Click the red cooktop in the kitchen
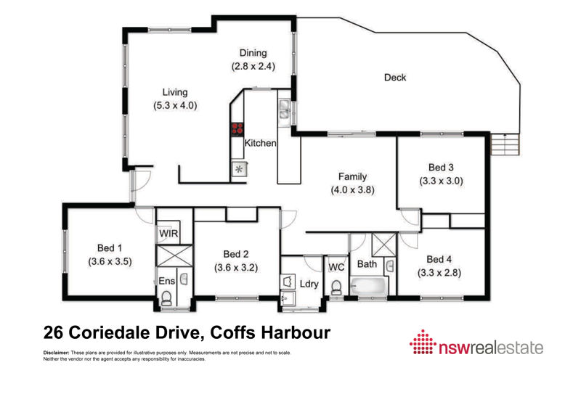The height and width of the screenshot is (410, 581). point(237,129)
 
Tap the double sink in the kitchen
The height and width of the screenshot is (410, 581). point(284,109)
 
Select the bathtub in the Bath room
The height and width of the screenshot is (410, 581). point(368,287)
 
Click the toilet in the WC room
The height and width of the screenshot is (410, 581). point(336,288)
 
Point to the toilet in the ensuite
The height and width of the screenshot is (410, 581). point(166,298)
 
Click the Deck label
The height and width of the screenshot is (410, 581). point(395,78)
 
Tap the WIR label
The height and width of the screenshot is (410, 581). point(168,234)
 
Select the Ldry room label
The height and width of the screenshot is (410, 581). point(309,284)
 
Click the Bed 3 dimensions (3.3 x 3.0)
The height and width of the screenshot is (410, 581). point(441,181)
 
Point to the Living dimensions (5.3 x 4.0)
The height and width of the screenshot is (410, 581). point(175,105)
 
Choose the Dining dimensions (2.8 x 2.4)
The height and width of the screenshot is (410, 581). point(253,66)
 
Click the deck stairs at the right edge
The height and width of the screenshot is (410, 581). point(505,144)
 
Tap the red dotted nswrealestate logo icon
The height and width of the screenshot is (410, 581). point(423,342)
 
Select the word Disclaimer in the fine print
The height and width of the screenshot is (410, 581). point(57,353)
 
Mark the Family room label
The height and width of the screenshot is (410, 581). point(352,176)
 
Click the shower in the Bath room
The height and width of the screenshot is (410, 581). point(384,245)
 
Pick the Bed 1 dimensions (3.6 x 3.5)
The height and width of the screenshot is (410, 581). point(110,262)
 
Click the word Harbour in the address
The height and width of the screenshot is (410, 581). point(296,332)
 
